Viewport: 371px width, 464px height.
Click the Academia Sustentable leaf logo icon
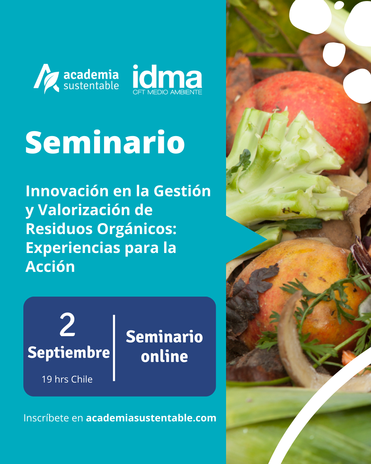46,79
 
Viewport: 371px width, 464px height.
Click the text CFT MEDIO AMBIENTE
167,92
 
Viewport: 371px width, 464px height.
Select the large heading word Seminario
105,142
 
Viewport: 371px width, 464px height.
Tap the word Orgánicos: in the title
137,229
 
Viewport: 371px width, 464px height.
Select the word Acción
50,266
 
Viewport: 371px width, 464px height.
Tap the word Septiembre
69,353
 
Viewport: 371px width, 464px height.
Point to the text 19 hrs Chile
67,379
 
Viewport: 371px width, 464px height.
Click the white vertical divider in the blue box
114,348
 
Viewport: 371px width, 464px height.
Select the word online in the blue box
164,357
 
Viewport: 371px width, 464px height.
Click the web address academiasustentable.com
151,418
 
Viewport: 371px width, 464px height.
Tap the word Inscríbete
46,418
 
